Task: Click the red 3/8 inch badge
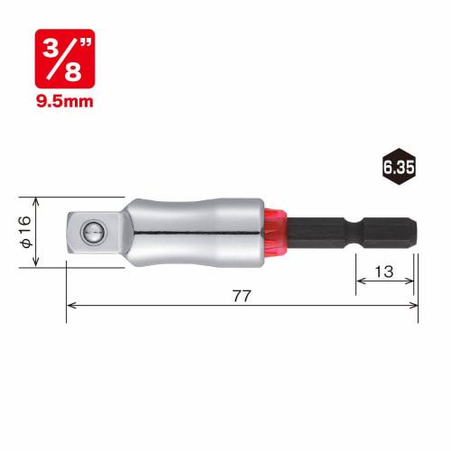[x=65, y=59]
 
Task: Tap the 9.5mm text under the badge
[x=65, y=101]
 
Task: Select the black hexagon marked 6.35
[x=399, y=167]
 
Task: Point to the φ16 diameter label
[x=26, y=232]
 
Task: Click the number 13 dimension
[x=384, y=272]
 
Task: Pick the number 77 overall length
[x=242, y=296]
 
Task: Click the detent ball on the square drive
[x=94, y=233]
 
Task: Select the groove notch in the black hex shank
[x=355, y=233]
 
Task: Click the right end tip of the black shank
[x=417, y=233]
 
